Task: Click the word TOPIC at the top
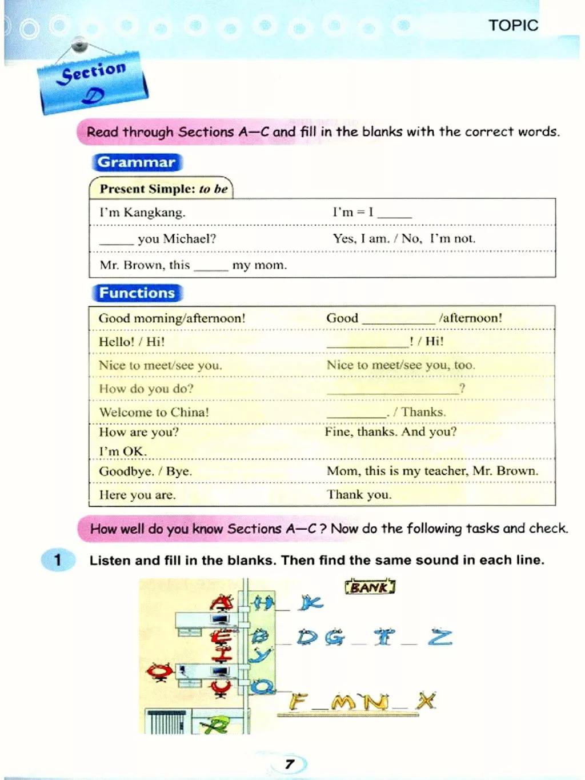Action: (513, 25)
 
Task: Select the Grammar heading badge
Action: (137, 162)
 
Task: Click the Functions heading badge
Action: (137, 293)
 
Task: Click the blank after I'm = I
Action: (395, 214)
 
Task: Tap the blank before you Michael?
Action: (116, 240)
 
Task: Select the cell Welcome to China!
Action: (154, 412)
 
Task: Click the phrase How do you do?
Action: (146, 389)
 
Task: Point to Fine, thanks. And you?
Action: (391, 431)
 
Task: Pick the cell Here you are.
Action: (137, 495)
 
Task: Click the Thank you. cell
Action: (359, 495)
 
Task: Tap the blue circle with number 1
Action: (57, 559)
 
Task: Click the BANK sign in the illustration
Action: (370, 587)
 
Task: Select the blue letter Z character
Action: (440, 637)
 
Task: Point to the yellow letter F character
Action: (298, 701)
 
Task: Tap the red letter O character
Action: (159, 671)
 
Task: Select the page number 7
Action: (290, 763)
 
